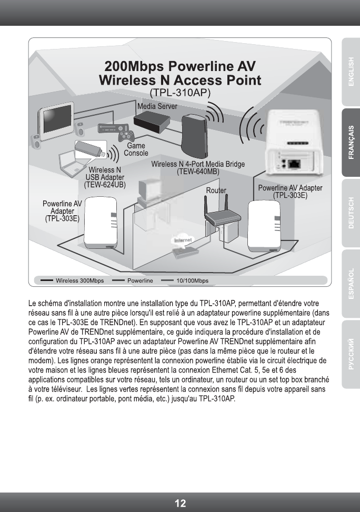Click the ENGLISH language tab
coord(350,71)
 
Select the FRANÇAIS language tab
coord(350,142)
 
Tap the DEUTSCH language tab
coord(350,213)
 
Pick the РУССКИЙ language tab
coord(350,354)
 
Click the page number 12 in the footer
coord(180,503)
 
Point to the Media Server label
coord(157,106)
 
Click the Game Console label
coord(135,149)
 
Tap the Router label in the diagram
coord(216,190)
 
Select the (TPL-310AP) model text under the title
coord(180,93)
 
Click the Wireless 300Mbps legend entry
coord(79,280)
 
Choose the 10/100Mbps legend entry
coord(192,280)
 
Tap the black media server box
coord(153,123)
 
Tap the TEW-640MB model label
coord(198,172)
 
